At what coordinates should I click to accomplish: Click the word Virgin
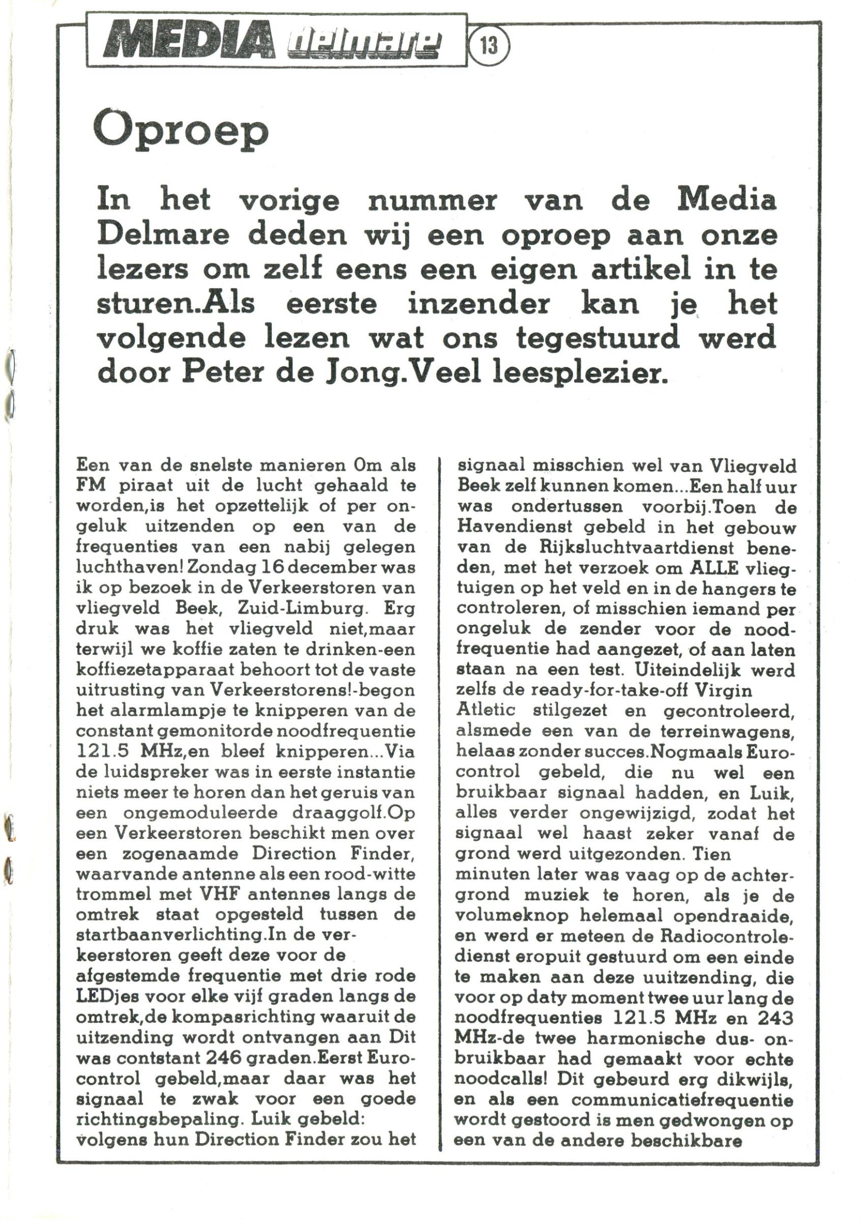tap(722, 690)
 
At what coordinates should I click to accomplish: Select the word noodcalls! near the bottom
tap(496, 1079)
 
